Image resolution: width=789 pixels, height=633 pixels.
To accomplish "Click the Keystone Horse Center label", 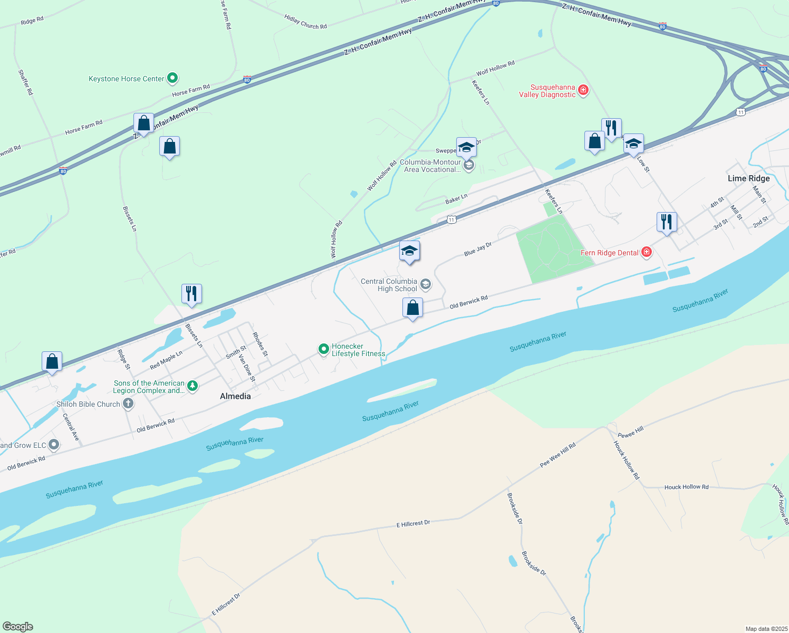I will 127,79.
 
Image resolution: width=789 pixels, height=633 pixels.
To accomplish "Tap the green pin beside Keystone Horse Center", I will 172,79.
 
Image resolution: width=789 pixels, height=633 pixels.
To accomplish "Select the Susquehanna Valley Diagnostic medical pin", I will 583,90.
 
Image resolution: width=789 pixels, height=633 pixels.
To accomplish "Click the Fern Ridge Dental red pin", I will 646,252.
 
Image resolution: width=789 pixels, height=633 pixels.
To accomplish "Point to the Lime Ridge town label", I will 748,178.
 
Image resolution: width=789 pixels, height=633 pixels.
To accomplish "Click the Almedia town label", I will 235,396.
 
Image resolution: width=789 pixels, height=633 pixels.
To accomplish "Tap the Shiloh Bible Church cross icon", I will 128,404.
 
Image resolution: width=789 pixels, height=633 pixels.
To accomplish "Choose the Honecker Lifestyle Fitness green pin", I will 323,349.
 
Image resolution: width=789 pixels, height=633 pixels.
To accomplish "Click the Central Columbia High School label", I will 389,285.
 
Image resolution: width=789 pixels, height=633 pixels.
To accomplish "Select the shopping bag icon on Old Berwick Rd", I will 412,308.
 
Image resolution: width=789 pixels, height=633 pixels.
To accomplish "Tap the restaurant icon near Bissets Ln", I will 191,293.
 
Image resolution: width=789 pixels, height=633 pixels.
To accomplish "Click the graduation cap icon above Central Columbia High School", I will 409,251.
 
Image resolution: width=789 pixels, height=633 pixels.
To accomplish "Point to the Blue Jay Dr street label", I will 478,250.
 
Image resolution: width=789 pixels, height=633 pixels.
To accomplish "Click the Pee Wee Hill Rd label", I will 557,455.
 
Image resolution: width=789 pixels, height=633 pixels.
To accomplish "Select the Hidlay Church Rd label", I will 305,22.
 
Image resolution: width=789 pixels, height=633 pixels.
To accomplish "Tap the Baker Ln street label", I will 456,199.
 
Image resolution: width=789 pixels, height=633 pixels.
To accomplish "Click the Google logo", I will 18,627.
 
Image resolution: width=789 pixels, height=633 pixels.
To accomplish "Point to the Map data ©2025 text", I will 766,629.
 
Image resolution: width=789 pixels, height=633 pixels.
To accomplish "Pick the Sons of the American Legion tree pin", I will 193,386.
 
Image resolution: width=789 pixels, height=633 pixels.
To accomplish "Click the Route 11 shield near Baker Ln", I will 451,219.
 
